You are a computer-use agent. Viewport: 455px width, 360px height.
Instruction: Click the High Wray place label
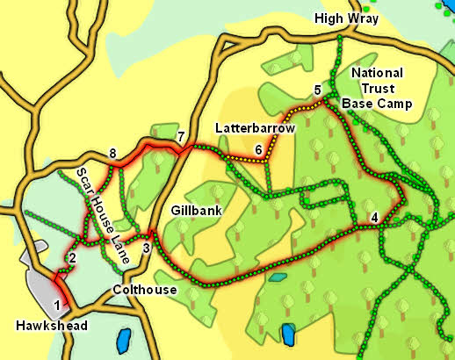(348, 18)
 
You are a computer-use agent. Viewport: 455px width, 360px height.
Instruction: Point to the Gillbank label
(194, 212)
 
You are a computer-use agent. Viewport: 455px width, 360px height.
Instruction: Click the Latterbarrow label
(255, 128)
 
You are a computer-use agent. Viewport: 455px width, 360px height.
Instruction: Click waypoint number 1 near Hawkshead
(57, 305)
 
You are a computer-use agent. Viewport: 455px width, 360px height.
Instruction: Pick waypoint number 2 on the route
(72, 257)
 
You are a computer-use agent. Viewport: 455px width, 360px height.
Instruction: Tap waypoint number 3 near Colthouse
(147, 248)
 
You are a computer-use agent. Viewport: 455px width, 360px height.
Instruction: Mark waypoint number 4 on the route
(375, 218)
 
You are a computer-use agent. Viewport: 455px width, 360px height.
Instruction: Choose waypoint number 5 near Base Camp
(318, 90)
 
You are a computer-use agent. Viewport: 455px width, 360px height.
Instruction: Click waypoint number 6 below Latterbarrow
(258, 150)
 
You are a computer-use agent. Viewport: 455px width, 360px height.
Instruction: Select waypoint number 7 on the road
(181, 137)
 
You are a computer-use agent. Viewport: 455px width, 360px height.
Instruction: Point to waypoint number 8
(112, 155)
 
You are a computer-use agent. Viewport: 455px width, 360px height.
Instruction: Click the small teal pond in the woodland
(278, 277)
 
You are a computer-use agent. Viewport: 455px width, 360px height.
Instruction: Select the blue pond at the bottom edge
(287, 335)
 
